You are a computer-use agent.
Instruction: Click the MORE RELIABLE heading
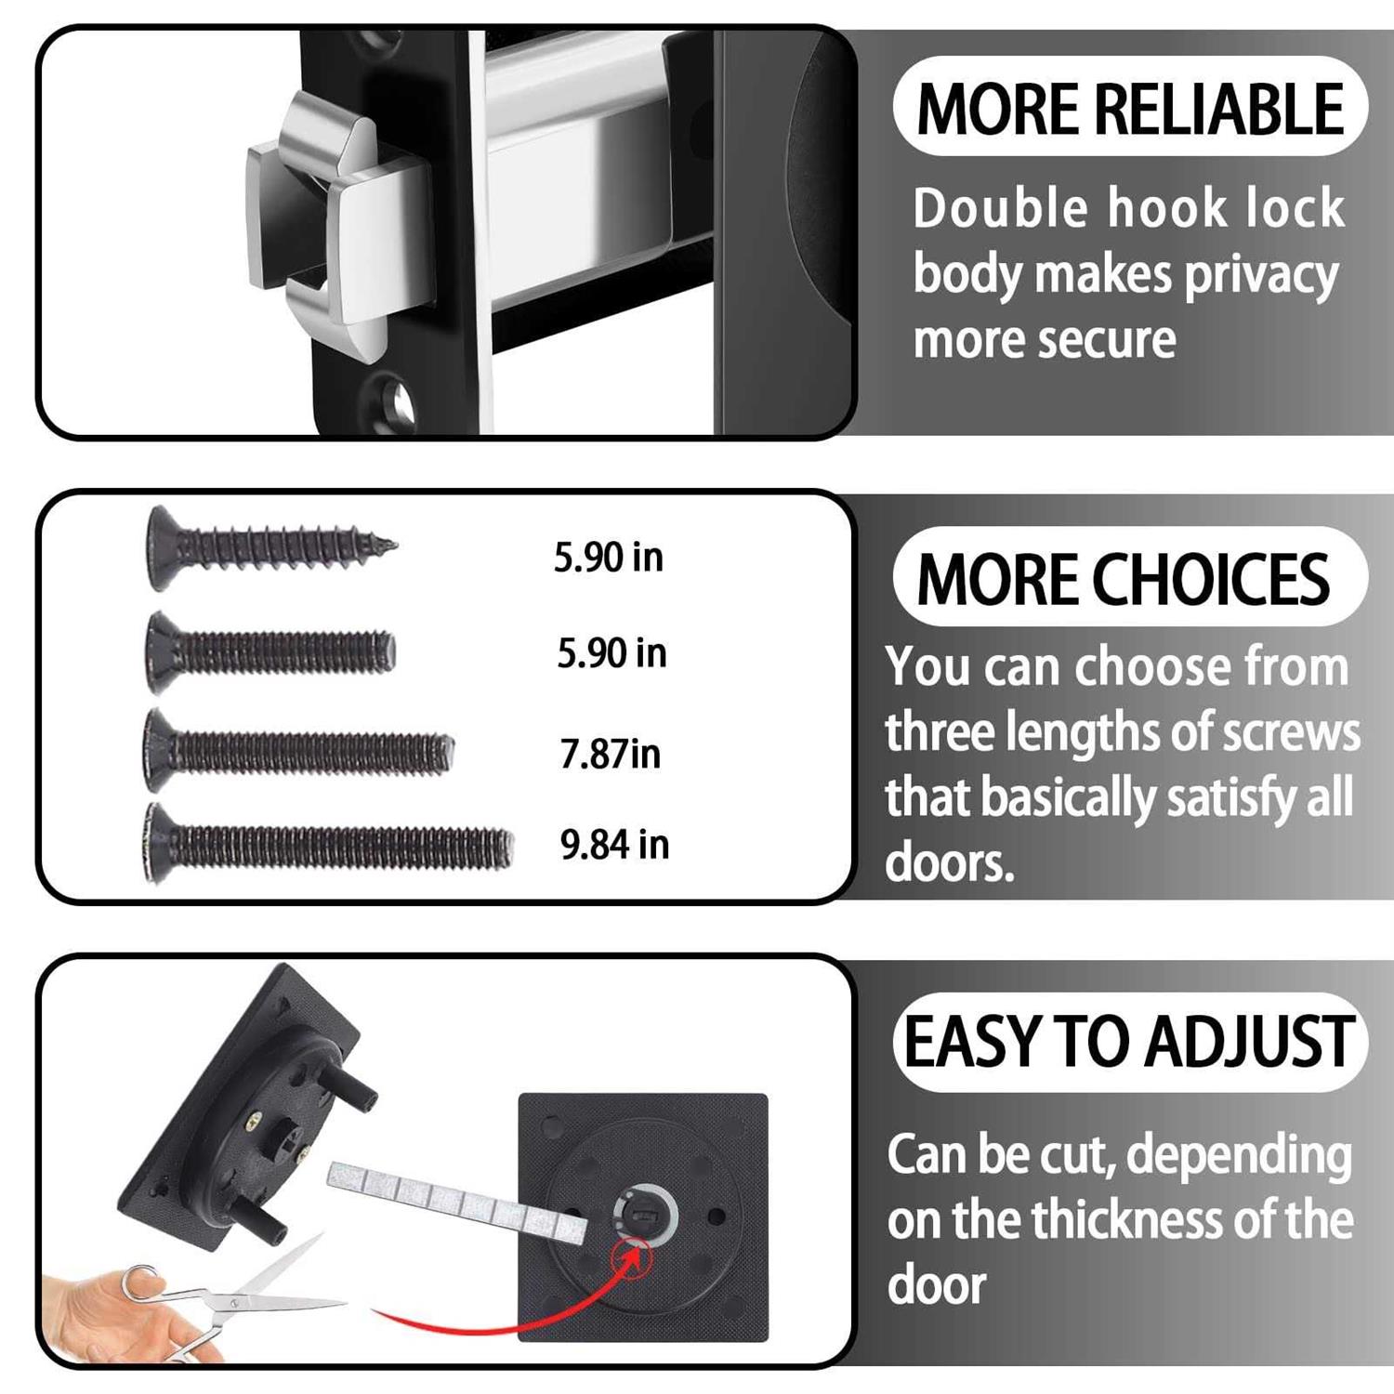click(x=1130, y=109)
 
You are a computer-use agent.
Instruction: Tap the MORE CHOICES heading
click(x=1124, y=578)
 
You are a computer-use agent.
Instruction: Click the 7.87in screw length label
click(x=610, y=754)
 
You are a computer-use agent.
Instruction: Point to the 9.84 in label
click(x=614, y=845)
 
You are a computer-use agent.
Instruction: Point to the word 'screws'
click(x=1291, y=731)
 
